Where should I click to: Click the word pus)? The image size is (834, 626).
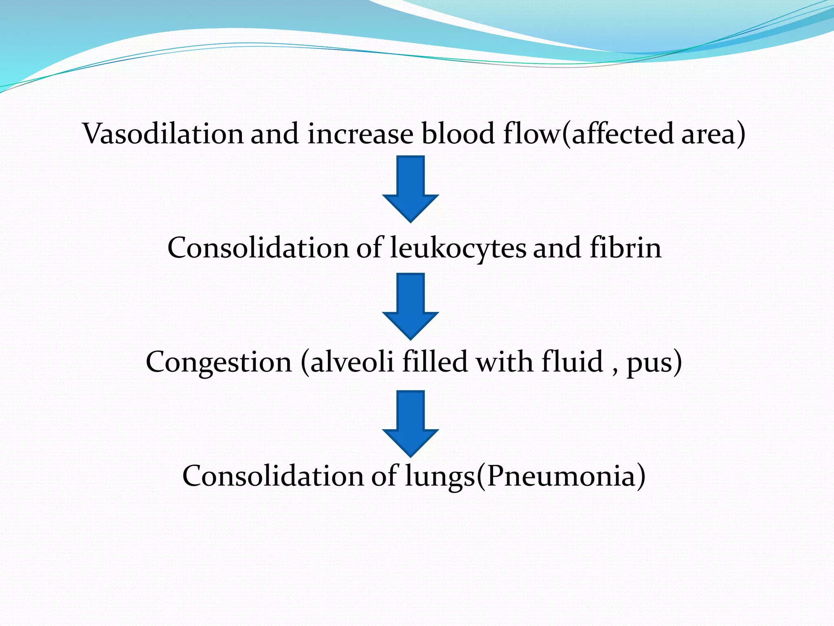[654, 363]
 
